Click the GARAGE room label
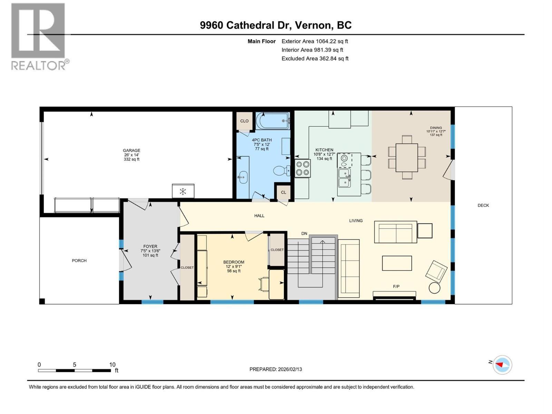point(131,151)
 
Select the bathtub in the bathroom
point(272,121)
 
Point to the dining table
point(407,158)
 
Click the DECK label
point(483,205)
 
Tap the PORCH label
point(79,260)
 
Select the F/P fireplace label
point(396,286)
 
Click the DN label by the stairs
point(304,234)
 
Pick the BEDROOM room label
point(234,262)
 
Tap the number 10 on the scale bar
point(112,365)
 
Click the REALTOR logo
point(39,36)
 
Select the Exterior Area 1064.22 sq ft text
point(315,41)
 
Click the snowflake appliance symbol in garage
point(183,191)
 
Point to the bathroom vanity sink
point(243,178)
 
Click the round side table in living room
point(434,288)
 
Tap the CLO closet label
point(244,121)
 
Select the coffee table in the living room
point(397,263)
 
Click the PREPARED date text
point(275,369)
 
